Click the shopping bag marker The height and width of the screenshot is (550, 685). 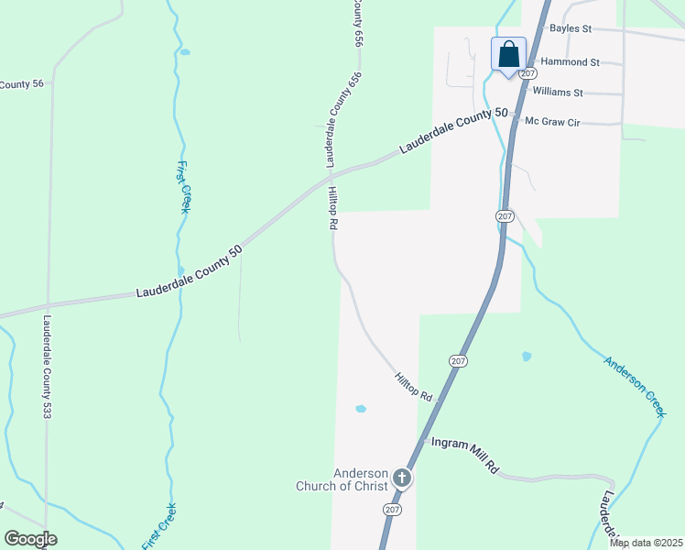(x=508, y=55)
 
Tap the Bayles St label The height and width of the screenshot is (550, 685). (x=570, y=28)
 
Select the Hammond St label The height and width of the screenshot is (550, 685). (x=570, y=62)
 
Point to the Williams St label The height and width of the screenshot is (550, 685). (x=557, y=93)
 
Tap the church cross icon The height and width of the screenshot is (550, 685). (x=402, y=478)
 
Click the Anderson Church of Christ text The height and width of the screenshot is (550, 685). (x=342, y=479)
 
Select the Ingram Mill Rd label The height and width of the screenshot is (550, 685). (x=464, y=454)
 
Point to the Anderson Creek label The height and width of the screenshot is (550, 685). (x=634, y=386)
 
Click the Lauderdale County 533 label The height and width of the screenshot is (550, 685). (x=47, y=368)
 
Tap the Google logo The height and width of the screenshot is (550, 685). (x=30, y=539)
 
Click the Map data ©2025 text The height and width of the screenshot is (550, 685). (x=645, y=543)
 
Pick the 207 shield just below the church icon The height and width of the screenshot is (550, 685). (x=393, y=510)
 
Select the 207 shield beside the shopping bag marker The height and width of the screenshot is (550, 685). (x=527, y=72)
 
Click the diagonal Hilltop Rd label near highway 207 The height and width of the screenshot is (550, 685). (x=413, y=387)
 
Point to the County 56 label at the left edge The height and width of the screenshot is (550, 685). (x=22, y=85)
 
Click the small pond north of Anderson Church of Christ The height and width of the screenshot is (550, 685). (x=360, y=409)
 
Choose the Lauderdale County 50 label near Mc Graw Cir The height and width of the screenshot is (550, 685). (x=452, y=131)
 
